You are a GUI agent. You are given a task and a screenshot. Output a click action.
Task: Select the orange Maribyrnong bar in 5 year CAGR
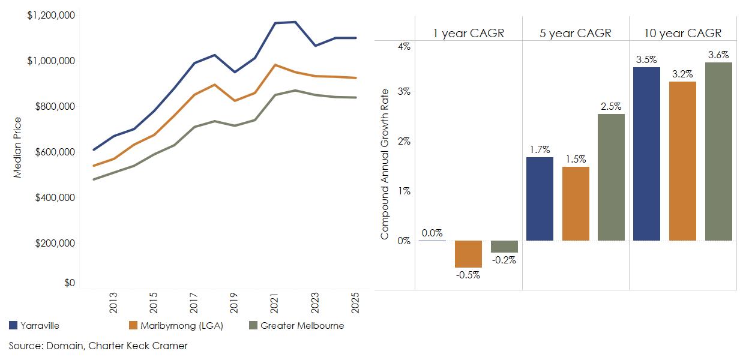[x=576, y=203]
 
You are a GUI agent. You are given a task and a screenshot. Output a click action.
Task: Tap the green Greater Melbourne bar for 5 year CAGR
[x=611, y=177]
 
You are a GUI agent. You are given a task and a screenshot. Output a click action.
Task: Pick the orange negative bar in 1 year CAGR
[x=468, y=254]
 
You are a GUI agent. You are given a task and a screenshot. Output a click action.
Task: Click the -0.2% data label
[x=504, y=260]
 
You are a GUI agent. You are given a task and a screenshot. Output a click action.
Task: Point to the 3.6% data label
[x=718, y=55]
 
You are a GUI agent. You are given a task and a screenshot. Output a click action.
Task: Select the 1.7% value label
[x=539, y=149]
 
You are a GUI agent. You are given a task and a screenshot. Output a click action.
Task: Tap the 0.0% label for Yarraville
[x=432, y=233]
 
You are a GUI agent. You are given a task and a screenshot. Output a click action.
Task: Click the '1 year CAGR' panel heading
[x=469, y=33]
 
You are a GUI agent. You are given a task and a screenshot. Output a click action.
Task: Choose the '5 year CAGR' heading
[x=576, y=33]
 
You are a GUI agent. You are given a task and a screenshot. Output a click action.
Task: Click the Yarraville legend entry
[x=35, y=326]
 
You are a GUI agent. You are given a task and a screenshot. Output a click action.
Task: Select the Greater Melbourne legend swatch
[x=253, y=326]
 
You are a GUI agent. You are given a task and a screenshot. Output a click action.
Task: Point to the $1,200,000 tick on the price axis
[x=51, y=15]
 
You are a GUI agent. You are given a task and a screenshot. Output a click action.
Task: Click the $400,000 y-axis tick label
[x=55, y=197]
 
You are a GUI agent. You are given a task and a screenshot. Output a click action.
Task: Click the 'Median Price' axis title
[x=17, y=148]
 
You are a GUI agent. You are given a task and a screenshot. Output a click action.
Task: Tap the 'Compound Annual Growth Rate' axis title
[x=385, y=163]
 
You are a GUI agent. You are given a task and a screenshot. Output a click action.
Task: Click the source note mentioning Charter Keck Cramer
[x=98, y=346]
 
